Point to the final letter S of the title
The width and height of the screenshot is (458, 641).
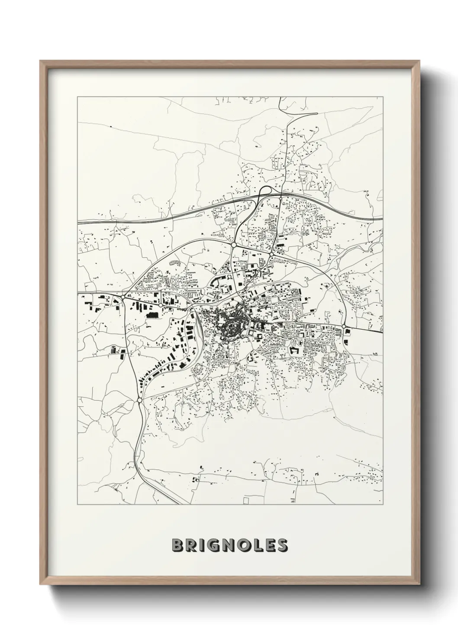coord(282,545)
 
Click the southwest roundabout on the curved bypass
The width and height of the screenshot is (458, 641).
coord(139,400)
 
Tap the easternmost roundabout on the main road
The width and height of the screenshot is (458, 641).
coord(344,326)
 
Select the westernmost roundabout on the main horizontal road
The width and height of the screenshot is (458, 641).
coord(123,297)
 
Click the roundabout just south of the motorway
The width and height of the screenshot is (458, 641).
coord(281,198)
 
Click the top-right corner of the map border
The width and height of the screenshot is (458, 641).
coord(383,97)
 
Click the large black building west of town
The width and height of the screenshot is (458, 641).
coord(152,315)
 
